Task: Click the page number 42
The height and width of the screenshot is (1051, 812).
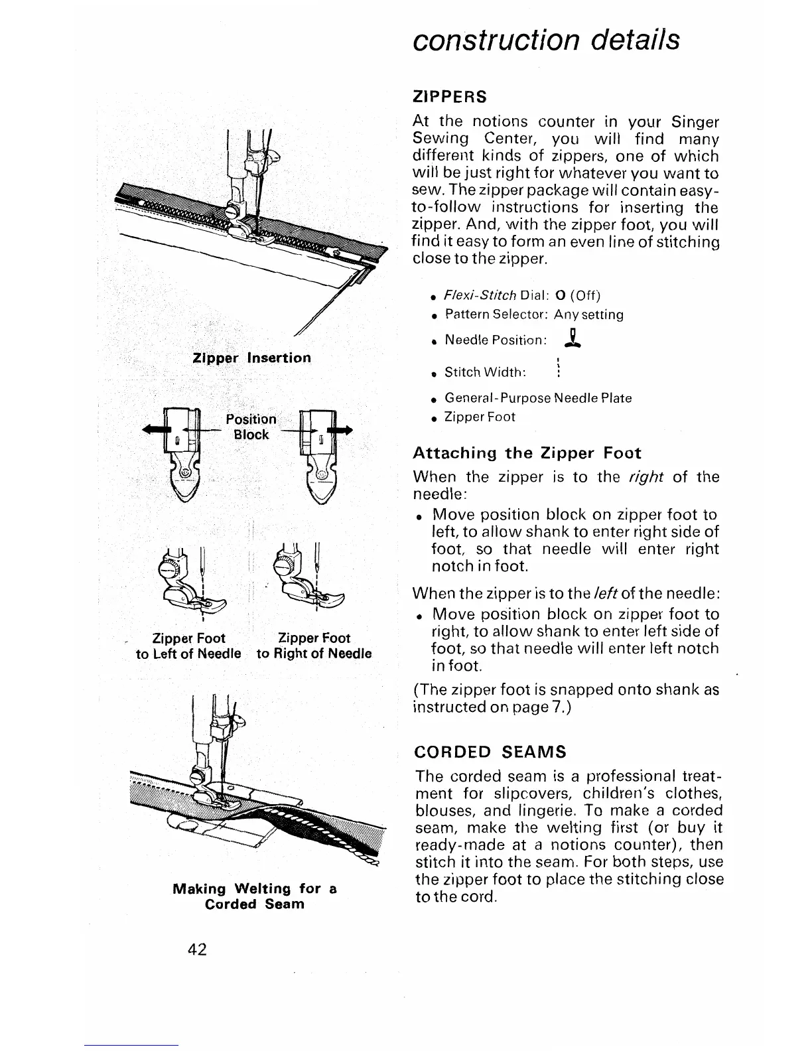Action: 198,949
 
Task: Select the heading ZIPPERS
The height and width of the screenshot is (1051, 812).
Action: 450,97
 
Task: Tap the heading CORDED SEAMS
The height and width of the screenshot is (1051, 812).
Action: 490,752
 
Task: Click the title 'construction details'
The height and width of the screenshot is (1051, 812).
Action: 546,40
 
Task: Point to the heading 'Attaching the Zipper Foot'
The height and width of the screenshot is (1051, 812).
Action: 527,453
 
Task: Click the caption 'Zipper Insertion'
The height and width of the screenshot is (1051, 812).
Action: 251,358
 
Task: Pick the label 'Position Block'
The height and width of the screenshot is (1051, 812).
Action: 251,427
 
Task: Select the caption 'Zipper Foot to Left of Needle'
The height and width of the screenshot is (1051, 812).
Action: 188,646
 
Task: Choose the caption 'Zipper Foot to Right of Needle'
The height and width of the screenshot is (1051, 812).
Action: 314,646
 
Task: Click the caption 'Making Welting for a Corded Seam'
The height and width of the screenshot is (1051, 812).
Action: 255,896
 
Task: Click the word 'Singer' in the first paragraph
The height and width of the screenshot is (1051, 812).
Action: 695,123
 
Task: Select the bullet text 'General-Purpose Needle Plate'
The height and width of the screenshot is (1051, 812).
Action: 538,398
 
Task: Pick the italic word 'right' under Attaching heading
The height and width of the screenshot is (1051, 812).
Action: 642,476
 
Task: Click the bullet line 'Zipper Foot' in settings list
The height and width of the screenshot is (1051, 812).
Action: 480,417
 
